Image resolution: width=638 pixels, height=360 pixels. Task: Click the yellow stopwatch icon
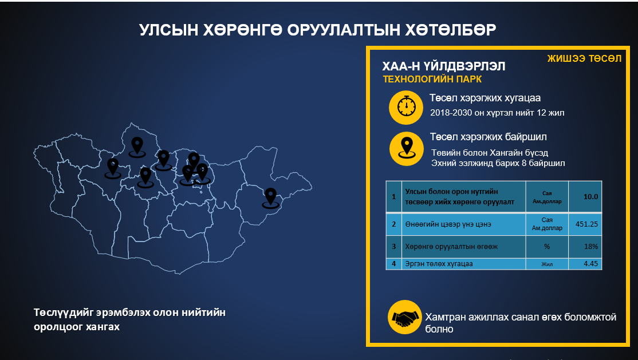[405, 108]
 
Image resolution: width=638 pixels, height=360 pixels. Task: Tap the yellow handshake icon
[404, 317]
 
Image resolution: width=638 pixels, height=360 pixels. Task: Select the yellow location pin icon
[406, 148]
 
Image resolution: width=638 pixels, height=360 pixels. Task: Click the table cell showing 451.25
[585, 224]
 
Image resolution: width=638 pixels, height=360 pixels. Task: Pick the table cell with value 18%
[585, 247]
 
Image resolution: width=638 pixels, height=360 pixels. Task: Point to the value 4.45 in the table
[585, 264]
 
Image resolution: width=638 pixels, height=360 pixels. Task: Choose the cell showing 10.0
[585, 196]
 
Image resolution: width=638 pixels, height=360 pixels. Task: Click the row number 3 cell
[394, 247]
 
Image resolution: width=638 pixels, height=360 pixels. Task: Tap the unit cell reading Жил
[547, 264]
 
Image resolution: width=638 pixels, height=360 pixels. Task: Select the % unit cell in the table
[547, 247]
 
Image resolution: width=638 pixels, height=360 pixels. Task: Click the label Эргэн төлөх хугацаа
[439, 264]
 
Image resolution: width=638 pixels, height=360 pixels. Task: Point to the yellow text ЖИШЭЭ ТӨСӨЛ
[584, 58]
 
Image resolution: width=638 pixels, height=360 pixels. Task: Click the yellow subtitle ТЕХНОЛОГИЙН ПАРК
[432, 79]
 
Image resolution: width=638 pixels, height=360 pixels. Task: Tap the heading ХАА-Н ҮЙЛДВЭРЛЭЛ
[443, 66]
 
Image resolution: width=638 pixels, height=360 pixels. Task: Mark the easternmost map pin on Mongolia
[270, 198]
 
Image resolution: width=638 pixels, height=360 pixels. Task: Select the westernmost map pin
[113, 168]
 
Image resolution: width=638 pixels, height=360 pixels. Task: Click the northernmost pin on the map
[137, 147]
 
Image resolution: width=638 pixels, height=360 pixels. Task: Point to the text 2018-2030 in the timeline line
[451, 113]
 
